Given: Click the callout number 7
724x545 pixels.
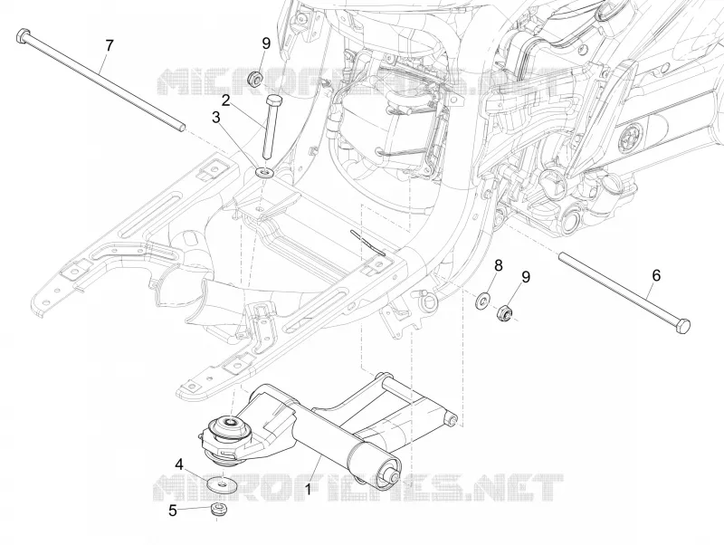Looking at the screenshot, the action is [109, 46].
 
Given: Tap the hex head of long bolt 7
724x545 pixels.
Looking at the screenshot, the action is [24, 35].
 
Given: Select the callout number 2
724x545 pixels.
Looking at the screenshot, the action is [225, 100].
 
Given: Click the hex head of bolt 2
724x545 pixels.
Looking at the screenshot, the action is [273, 100].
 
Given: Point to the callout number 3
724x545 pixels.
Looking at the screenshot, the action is [216, 118].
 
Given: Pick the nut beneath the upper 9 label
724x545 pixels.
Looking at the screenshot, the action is [254, 78].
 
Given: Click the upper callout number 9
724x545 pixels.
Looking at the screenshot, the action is [266, 43].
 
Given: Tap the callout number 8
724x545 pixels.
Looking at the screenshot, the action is [499, 265].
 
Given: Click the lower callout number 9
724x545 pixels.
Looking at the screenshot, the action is [526, 277].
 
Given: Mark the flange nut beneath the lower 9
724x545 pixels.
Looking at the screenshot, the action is [504, 314].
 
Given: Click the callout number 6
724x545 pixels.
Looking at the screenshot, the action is [656, 276].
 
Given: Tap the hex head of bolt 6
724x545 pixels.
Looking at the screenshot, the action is [682, 326].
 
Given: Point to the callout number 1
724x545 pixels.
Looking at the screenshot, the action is [308, 489].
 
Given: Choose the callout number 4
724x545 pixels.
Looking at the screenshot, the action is [179, 464].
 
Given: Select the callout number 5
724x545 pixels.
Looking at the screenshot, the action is [172, 511].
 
